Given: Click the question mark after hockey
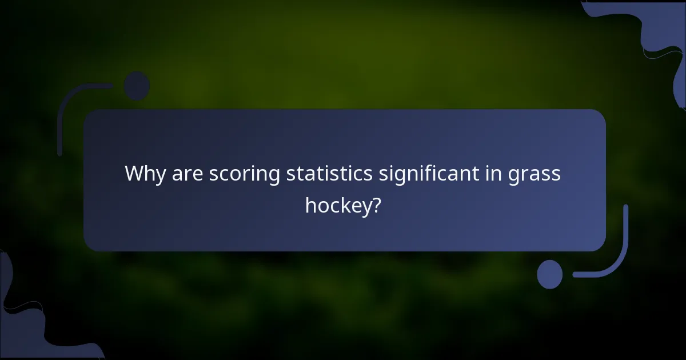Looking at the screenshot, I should [376, 204].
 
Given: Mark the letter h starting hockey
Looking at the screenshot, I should [310, 204].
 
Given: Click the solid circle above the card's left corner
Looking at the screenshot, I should [137, 85].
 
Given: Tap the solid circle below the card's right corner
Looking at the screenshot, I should [549, 274].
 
